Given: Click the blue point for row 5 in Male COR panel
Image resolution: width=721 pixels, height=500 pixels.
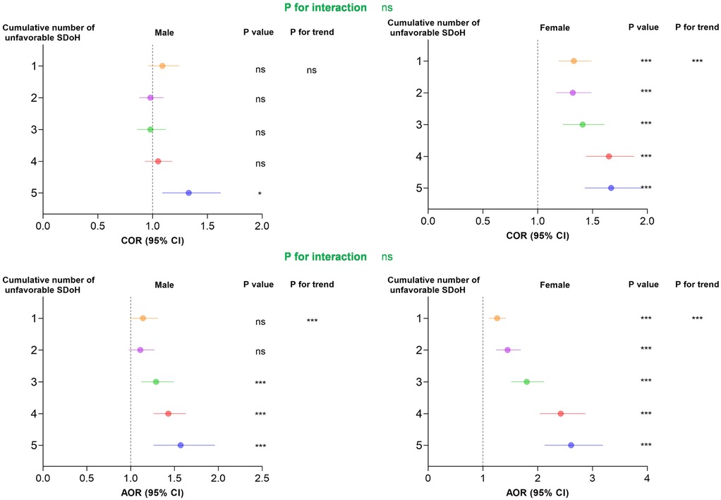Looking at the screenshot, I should [x=188, y=193].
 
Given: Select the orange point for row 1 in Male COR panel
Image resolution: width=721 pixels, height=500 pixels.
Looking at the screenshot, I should [x=162, y=66].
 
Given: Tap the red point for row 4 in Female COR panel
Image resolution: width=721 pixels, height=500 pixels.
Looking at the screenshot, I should [x=609, y=156].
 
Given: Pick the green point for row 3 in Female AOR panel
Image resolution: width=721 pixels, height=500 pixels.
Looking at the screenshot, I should [x=526, y=381].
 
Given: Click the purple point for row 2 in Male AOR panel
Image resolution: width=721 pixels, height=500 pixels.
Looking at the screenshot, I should [x=140, y=350].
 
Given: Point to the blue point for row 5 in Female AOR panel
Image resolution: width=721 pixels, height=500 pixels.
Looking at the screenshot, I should [x=571, y=445].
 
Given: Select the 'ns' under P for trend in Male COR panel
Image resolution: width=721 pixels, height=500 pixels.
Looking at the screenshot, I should [x=312, y=71].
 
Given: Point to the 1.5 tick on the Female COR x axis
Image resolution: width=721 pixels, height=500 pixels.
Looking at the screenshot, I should [x=593, y=221].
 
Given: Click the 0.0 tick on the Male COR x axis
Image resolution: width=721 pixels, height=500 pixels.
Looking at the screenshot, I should [x=43, y=226].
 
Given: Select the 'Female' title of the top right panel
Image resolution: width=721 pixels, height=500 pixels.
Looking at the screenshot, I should [x=555, y=28].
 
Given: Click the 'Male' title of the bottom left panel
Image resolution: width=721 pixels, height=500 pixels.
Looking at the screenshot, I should [x=164, y=285].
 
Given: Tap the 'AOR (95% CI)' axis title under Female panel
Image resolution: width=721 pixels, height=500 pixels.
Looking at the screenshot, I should [x=538, y=492].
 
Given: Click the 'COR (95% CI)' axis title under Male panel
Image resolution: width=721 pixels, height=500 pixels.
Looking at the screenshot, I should [x=152, y=239].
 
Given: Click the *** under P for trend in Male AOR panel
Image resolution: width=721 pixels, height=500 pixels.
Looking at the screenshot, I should [x=312, y=321].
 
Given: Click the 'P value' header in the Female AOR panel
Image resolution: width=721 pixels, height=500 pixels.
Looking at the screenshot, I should [x=643, y=285].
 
